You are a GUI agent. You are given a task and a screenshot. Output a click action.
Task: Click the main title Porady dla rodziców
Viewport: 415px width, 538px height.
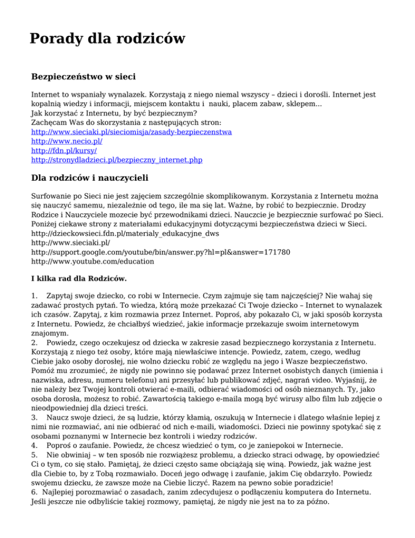coord(107,39)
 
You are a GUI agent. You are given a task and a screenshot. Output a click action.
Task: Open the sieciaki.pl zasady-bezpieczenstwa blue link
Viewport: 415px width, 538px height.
coord(132,132)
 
